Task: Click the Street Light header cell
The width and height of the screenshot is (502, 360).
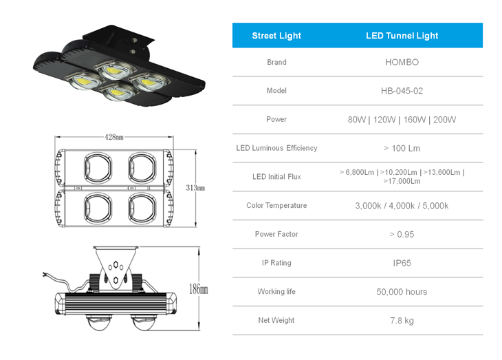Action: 276,36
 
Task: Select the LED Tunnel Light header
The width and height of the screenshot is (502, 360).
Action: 402,36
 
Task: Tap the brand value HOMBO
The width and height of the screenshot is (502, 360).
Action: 402,62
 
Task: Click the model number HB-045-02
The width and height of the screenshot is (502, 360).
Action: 402,91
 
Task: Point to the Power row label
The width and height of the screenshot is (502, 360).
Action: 276,119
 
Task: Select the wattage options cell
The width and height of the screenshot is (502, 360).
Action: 402,120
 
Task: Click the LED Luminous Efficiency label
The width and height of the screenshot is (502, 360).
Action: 276,148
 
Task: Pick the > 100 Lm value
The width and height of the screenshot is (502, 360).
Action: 402,148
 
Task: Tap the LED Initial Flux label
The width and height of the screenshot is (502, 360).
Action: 276,177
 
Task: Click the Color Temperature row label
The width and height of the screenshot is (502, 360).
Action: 276,205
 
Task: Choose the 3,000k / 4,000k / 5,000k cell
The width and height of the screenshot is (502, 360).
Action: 402,206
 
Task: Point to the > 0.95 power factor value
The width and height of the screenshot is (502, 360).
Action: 402,234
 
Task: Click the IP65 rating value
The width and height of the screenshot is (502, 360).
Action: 402,263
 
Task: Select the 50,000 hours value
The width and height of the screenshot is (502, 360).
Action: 402,292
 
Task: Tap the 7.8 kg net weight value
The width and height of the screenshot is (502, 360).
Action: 402,321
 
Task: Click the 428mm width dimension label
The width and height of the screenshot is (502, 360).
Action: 114,137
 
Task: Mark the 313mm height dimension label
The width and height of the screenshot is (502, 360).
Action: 195,188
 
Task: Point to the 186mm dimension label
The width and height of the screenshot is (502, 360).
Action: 198,290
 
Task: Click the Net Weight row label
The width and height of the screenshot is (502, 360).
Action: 276,320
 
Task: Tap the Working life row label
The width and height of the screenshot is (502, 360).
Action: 276,291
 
